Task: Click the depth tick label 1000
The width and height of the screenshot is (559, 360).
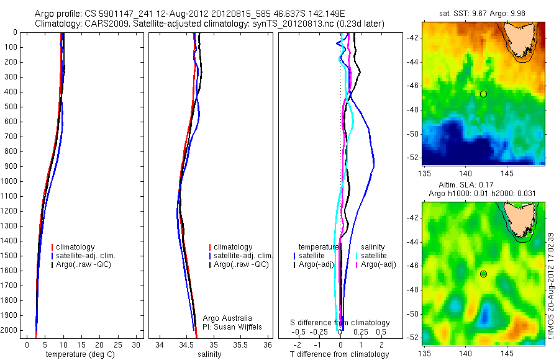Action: point(11,181)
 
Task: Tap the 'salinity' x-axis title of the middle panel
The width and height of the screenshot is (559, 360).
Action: point(209,354)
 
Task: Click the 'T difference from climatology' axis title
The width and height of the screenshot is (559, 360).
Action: point(339,354)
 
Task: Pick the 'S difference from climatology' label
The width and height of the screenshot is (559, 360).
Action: point(340,323)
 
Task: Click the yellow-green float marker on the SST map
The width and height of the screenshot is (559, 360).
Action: point(483,94)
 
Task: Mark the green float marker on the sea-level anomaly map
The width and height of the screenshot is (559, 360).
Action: point(483,274)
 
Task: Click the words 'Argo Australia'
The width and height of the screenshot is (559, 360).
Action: point(227,318)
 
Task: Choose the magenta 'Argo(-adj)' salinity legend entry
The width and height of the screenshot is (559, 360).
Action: point(378,265)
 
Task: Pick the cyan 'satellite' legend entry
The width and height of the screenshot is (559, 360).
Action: point(373,255)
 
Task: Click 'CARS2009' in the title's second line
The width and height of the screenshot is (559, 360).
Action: point(105,24)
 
